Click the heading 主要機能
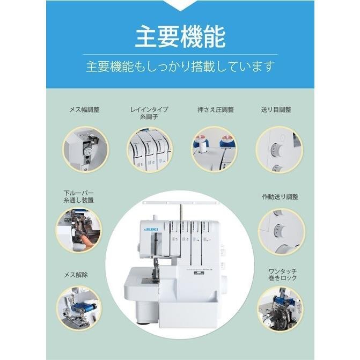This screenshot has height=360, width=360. point(180,36)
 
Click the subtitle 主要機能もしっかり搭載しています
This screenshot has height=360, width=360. point(180,67)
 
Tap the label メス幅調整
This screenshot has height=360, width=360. point(84,110)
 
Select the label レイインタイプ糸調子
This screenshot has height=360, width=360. point(149,113)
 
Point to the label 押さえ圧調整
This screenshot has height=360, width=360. point(216,110)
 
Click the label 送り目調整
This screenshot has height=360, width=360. point(276,110)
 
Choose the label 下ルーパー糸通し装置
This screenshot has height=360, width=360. point(78,196)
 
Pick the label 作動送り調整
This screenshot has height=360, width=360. point(280,197)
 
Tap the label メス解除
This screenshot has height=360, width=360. point(76,275)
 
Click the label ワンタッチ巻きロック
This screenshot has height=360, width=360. point(283,275)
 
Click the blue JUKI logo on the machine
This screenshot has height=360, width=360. point(151,230)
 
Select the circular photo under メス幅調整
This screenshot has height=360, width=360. point(85,150)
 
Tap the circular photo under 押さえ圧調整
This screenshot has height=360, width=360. point(215,150)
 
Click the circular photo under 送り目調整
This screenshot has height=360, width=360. point(280,150)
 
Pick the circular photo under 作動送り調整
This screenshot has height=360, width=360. point(282,231)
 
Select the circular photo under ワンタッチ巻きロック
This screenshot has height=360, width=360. point(280,310)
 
